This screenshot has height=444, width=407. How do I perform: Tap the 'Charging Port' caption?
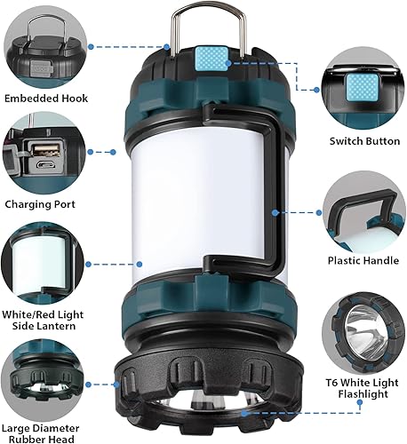[41, 203]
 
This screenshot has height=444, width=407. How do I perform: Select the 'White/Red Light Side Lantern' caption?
[44, 321]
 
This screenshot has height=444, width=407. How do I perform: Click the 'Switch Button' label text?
[364, 140]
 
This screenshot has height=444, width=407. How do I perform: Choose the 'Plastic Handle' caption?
[364, 261]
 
